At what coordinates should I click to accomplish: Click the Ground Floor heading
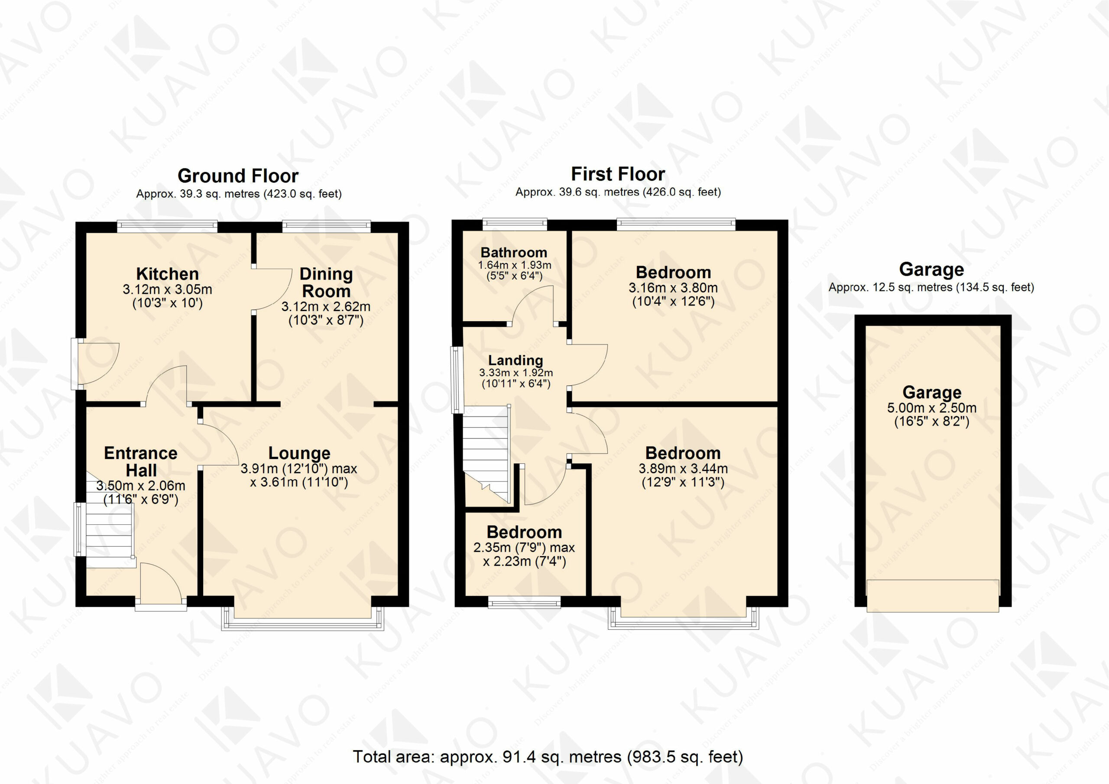point(238,176)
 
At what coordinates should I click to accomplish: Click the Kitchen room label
point(167,274)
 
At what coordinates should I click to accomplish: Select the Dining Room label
point(326,283)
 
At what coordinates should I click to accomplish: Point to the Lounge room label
point(299,453)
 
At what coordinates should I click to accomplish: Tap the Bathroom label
point(514,252)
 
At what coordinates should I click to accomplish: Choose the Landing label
point(516,360)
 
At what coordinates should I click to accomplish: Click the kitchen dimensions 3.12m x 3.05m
point(167,290)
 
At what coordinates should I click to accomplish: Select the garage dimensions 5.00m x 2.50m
point(932,408)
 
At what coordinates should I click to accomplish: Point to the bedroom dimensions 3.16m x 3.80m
point(673,288)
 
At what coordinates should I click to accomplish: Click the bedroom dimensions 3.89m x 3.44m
point(683,468)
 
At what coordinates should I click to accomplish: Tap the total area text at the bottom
point(548,756)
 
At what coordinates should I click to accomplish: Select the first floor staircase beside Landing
point(486,454)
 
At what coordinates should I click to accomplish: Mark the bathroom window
point(515,223)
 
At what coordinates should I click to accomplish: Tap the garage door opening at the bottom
point(933,595)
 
